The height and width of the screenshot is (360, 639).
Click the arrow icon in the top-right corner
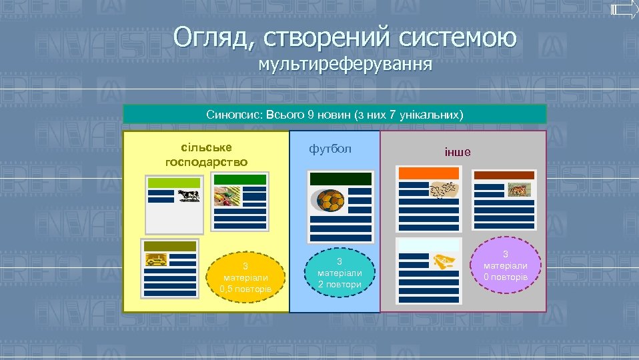[x=624, y=9]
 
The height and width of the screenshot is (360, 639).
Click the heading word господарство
[x=205, y=161]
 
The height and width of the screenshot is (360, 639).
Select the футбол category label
[x=330, y=148]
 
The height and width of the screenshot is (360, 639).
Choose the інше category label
[x=457, y=151]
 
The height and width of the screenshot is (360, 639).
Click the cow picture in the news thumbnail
[x=188, y=195]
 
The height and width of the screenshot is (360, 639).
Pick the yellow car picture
[x=156, y=259]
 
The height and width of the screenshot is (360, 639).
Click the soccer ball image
[x=330, y=200]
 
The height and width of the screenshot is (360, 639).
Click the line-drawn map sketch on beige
[x=444, y=191]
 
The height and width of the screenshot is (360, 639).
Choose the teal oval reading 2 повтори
[x=339, y=273]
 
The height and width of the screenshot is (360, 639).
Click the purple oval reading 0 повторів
[x=505, y=265]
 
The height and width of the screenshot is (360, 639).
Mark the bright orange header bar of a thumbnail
[x=428, y=173]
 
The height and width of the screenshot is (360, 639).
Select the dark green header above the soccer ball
[x=340, y=179]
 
